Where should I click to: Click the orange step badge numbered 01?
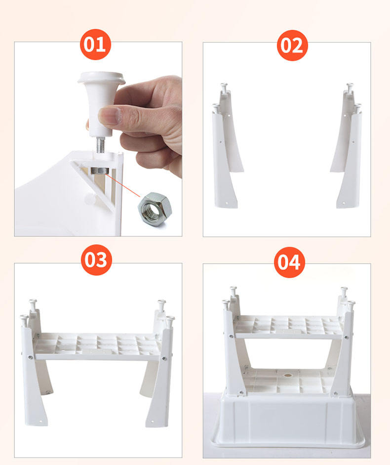pyautogui.click(x=95, y=44)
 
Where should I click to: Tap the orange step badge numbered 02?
pyautogui.click(x=292, y=45)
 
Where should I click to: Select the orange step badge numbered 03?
pyautogui.click(x=96, y=260)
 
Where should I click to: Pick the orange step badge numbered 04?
pyautogui.click(x=289, y=262)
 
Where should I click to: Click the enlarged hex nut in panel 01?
pyautogui.click(x=155, y=209)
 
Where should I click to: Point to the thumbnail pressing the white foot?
pyautogui.click(x=110, y=116)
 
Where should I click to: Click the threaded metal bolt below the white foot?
pyautogui.click(x=101, y=145)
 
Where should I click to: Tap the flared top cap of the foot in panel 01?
pyautogui.click(x=101, y=77)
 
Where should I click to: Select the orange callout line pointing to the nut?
pyautogui.click(x=123, y=185)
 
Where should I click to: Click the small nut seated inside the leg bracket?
pyautogui.click(x=100, y=170)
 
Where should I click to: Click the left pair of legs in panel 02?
pyautogui.click(x=227, y=145)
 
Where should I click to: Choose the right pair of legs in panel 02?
pyautogui.click(x=346, y=145)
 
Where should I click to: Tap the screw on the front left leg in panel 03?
pyautogui.click(x=30, y=357)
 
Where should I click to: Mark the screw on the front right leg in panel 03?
pyautogui.click(x=164, y=358)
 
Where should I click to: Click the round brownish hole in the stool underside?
pyautogui.click(x=287, y=375)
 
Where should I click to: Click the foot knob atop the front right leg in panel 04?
pyautogui.click(x=351, y=306)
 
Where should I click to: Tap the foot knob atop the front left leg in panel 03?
pyautogui.click(x=24, y=320)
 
